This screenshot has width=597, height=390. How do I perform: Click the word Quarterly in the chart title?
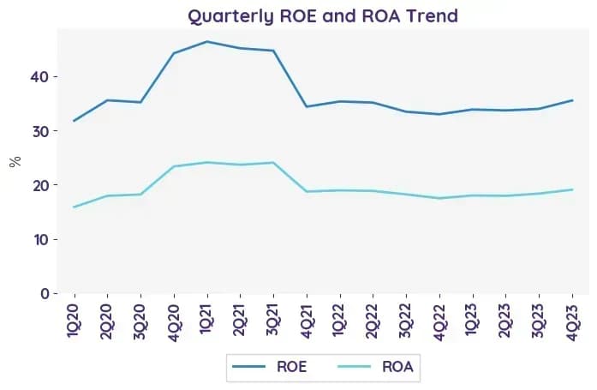click(231, 16)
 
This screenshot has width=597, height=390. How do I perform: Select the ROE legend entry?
click(270, 367)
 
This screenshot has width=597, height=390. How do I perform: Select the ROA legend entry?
click(375, 367)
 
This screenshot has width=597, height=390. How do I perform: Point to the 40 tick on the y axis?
click(39, 77)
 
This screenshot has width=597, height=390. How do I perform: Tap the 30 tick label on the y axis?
click(39, 131)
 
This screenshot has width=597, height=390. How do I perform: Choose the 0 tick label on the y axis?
click(45, 294)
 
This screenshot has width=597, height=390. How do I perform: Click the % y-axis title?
click(15, 161)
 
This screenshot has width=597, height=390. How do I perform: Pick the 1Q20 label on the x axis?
click(74, 321)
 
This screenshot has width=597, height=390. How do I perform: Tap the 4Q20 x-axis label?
click(174, 322)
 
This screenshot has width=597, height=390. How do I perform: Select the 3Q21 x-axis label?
click(273, 321)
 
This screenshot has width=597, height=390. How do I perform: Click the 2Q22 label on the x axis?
click(373, 321)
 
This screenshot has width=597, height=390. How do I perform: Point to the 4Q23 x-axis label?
click(572, 322)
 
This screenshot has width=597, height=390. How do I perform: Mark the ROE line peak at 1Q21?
click(207, 41)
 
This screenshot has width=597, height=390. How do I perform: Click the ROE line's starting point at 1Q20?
click(74, 121)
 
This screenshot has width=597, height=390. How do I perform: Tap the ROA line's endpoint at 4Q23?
click(572, 189)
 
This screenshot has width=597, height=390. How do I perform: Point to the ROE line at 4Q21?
click(307, 106)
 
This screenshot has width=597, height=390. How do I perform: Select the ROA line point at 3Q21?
click(273, 163)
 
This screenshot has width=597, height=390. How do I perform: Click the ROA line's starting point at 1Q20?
click(74, 207)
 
